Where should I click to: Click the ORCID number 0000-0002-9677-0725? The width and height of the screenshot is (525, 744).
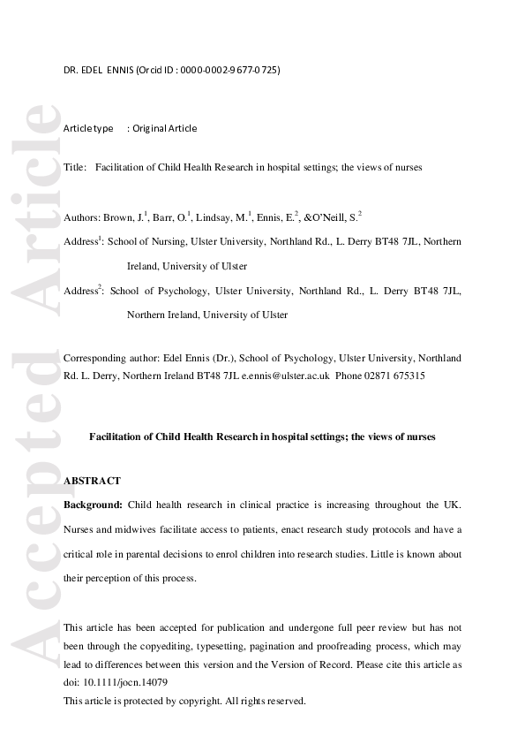click(x=230, y=71)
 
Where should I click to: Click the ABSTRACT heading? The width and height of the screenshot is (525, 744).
click(x=93, y=481)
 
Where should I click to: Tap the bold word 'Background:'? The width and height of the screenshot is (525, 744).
click(x=93, y=505)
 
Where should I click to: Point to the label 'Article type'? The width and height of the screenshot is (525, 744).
click(x=88, y=128)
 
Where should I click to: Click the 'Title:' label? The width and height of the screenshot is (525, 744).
click(x=75, y=167)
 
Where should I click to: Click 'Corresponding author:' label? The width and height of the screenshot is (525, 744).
click(x=110, y=358)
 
